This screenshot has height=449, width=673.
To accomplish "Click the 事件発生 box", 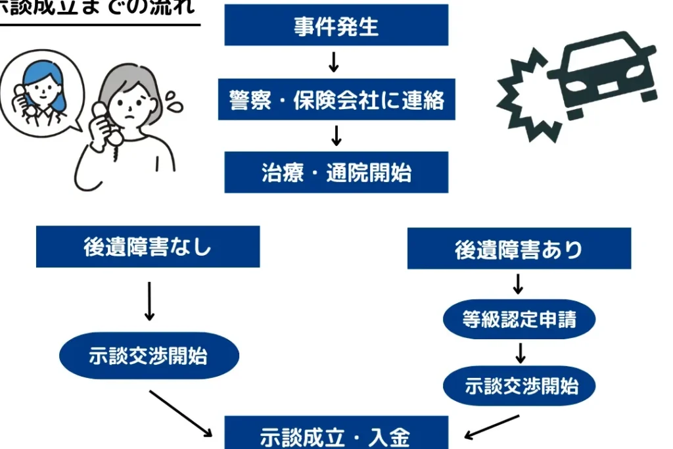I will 336,26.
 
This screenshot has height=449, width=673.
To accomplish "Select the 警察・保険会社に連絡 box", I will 336,100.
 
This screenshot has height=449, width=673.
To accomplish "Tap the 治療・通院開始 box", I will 336,172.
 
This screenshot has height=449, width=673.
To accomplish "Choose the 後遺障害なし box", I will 148,247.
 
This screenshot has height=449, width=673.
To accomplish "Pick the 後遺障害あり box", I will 519,248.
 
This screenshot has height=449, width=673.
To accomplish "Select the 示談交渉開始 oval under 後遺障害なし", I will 149,356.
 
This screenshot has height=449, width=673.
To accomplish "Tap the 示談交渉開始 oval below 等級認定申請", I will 519,386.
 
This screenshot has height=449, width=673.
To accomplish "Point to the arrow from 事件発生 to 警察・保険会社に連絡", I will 334,62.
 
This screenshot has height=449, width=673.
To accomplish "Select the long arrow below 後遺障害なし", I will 149,301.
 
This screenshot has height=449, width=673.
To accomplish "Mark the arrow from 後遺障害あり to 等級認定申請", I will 518,284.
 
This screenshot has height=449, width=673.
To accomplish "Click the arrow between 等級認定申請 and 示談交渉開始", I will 520,352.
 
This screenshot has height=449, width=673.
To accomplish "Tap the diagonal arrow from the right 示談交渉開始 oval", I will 492,426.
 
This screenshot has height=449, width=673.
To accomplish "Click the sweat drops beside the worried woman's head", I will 175,102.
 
